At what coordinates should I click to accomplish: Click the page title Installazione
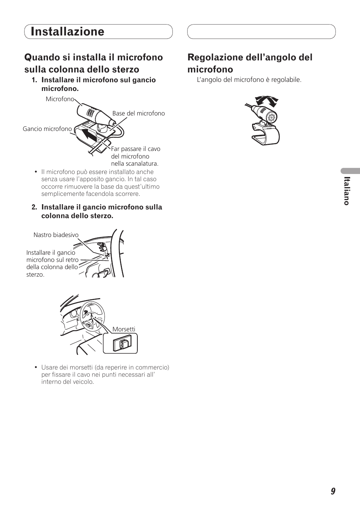click(x=67, y=31)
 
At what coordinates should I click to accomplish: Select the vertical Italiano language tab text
click(x=347, y=191)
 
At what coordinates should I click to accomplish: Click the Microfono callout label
click(x=60, y=99)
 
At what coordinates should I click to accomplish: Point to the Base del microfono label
click(x=138, y=113)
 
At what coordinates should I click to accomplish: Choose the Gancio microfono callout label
click(x=47, y=129)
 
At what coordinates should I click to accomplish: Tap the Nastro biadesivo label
click(x=56, y=235)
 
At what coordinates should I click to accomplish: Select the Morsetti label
click(x=124, y=329)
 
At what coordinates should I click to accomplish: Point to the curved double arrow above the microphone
click(x=267, y=101)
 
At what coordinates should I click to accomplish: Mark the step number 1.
click(x=34, y=80)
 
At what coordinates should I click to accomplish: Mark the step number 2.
click(x=34, y=207)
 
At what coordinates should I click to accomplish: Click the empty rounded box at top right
click(x=262, y=31)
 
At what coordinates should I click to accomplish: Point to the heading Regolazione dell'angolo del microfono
click(x=250, y=63)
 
